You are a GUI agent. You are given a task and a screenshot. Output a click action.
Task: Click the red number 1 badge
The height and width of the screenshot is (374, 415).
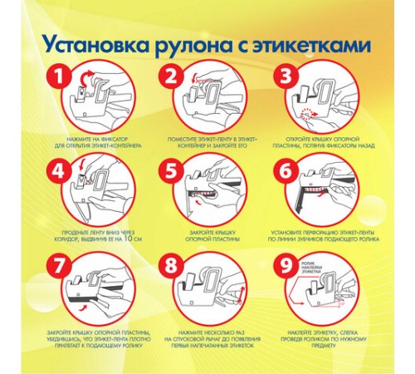click(57, 77)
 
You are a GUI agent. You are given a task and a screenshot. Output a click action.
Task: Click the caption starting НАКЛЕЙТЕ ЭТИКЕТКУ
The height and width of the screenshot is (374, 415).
click(320, 336)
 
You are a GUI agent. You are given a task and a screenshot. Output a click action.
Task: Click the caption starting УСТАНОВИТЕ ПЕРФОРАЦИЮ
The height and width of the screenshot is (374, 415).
click(320, 235)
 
